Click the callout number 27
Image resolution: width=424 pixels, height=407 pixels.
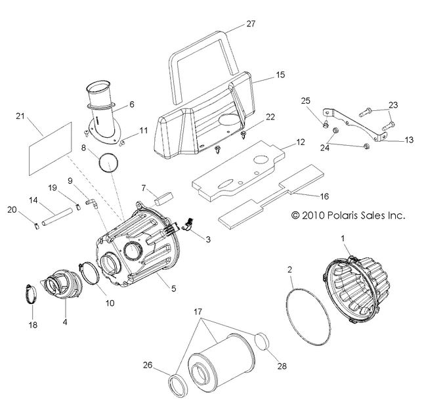tap(250, 24)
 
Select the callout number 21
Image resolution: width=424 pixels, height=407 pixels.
tap(20, 116)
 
